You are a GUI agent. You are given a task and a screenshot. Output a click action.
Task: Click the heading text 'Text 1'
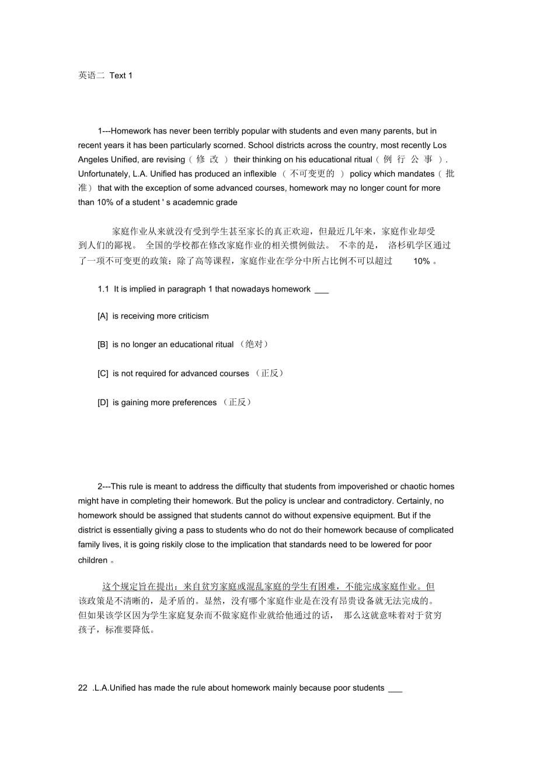click(x=121, y=75)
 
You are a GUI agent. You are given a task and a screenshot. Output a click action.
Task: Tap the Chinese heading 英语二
click(x=91, y=75)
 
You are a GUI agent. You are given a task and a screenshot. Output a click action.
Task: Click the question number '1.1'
click(x=103, y=289)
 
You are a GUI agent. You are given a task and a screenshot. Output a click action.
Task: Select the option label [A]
click(x=103, y=316)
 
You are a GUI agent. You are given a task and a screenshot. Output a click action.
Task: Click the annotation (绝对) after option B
click(x=254, y=344)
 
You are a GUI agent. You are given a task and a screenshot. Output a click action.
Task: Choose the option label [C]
click(x=103, y=373)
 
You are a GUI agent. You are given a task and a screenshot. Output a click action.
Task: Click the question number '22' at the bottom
click(x=82, y=688)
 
